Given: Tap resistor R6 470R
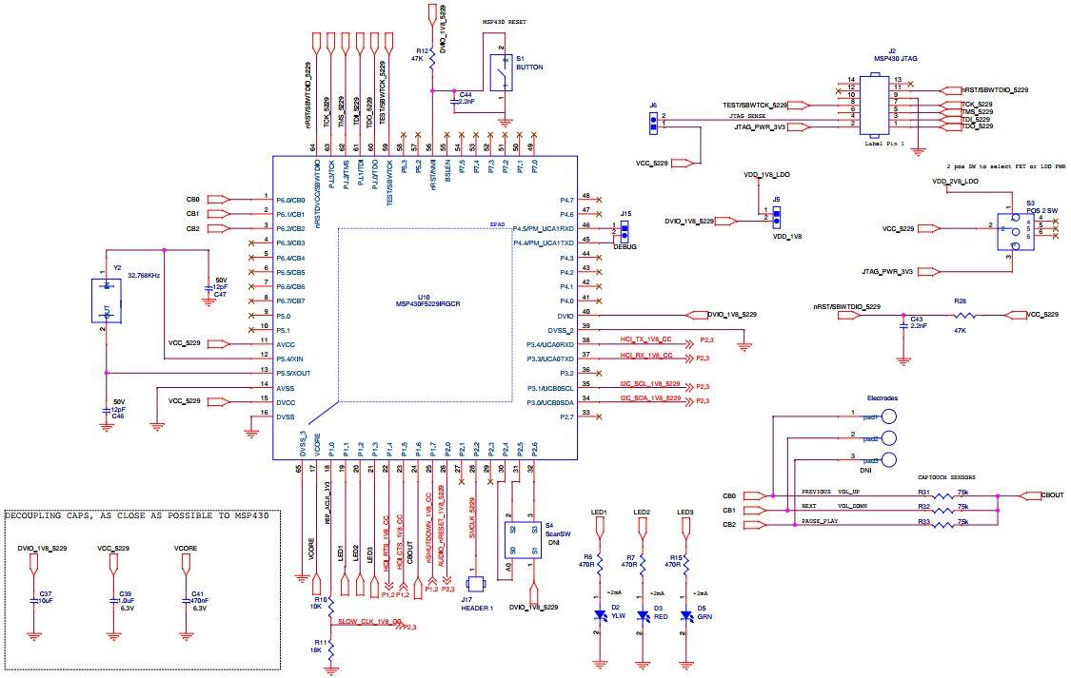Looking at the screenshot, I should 600,563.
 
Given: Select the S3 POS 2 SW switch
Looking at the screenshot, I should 1015,232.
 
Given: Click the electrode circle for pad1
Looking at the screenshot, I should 889,416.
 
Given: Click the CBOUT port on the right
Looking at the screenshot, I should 1040,495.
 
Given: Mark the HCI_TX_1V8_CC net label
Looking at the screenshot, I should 646,339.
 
